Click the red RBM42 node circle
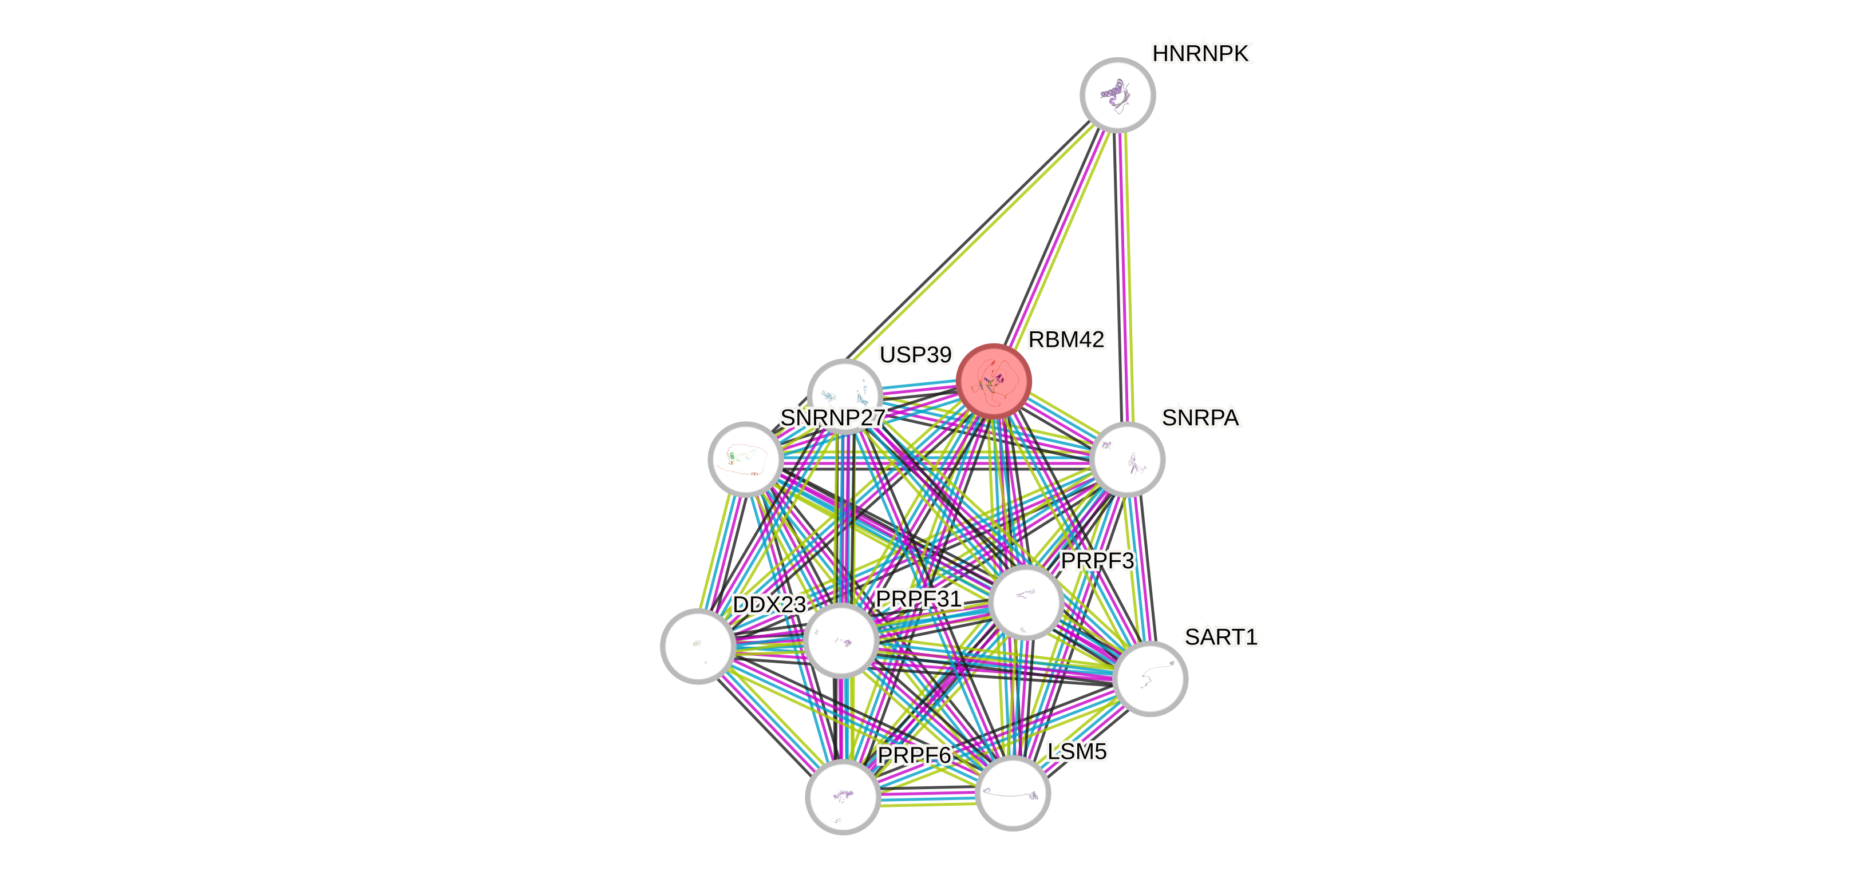click(x=993, y=381)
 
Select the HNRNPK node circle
click(x=1117, y=94)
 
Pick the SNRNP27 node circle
click(x=745, y=459)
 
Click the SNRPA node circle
click(x=1127, y=459)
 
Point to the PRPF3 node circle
click(x=1026, y=603)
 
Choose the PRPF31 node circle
click(x=841, y=640)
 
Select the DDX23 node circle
click(x=698, y=646)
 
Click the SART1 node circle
click(x=1150, y=678)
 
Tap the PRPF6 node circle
click(x=843, y=796)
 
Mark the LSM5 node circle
click(x=1013, y=793)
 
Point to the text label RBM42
click(x=1066, y=339)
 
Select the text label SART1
click(x=1221, y=636)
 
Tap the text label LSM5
click(x=1077, y=751)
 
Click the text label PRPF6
click(x=914, y=755)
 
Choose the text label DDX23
click(x=769, y=605)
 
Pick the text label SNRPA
click(x=1200, y=418)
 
